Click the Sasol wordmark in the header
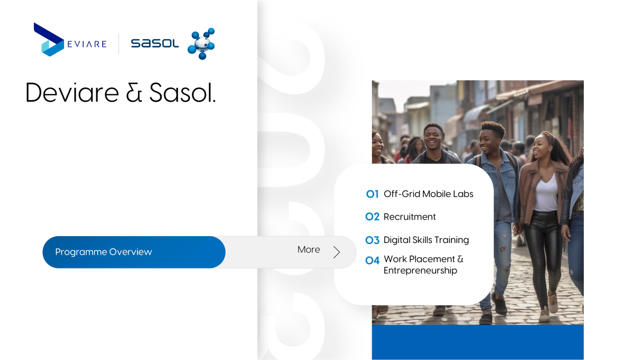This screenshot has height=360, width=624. tap(155, 43)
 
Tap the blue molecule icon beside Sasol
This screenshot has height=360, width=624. tap(201, 44)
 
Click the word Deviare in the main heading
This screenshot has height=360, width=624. tap(72, 93)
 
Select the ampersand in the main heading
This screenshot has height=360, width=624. tap(134, 93)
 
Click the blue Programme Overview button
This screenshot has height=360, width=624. tap(134, 252)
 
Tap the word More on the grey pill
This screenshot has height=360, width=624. tap(309, 250)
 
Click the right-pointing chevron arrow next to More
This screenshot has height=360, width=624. tap(337, 252)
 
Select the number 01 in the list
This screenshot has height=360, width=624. tap(372, 194)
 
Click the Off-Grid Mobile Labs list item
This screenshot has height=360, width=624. tap(428, 194)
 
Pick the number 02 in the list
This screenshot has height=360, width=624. tap(372, 217)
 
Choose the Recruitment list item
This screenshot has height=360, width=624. tap(410, 217)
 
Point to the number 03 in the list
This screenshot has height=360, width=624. tap(372, 240)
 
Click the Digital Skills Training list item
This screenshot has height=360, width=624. tap(426, 240)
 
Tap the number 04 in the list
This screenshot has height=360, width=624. tap(372, 260)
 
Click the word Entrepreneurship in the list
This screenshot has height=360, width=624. tap(420, 271)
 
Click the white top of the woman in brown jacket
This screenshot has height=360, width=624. tap(546, 193)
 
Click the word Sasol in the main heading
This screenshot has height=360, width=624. tap(182, 93)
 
